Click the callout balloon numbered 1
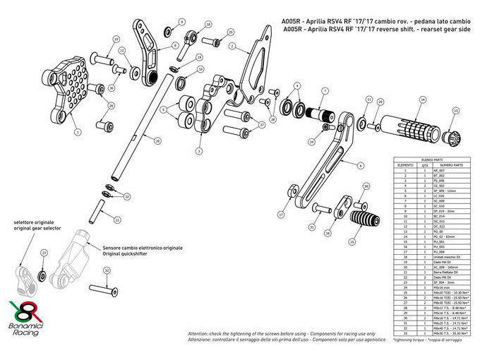pyautogui.click(x=77, y=131)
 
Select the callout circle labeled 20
pyautogui.click(x=157, y=141)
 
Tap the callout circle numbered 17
pyautogui.click(x=280, y=212)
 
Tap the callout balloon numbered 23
pyautogui.click(x=44, y=252)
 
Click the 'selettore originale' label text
pyautogui.click(x=34, y=222)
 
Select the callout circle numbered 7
pyautogui.click(x=325, y=91)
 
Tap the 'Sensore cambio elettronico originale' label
pyautogui.click(x=142, y=248)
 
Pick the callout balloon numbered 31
pyautogui.click(x=312, y=228)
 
